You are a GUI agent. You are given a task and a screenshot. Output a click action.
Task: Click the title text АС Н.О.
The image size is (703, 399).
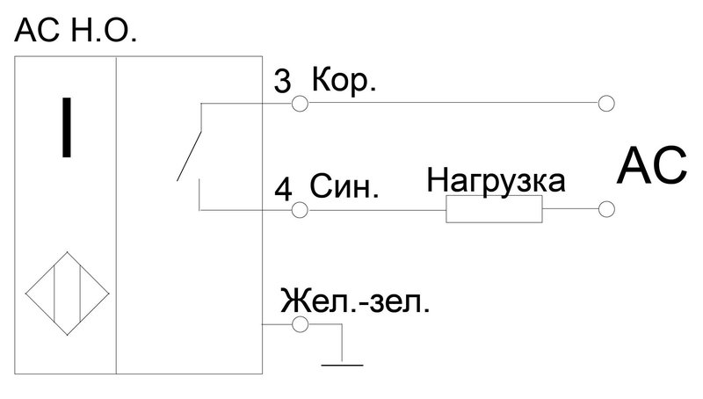pyautogui.click(x=76, y=31)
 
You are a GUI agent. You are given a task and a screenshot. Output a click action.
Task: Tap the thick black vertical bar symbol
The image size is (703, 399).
pyautogui.click(x=67, y=127)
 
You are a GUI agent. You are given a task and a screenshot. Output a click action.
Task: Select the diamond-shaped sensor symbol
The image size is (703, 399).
pyautogui.click(x=68, y=294)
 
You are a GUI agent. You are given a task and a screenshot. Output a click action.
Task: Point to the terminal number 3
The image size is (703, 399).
pyautogui.click(x=282, y=81)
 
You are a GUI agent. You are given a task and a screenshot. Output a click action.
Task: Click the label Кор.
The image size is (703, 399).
pyautogui.click(x=344, y=80)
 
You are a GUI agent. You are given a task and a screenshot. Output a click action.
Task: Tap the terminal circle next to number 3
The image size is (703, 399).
pyautogui.click(x=300, y=104)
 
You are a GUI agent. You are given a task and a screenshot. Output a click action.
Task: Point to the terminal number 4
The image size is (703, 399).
pyautogui.click(x=283, y=189)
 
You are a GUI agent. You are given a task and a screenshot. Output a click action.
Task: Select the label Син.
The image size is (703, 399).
pyautogui.click(x=344, y=186)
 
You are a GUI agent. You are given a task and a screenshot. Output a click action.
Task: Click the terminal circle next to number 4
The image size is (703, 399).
pyautogui.click(x=300, y=209)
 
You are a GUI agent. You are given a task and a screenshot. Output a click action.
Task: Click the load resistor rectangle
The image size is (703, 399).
pyautogui.click(x=494, y=209)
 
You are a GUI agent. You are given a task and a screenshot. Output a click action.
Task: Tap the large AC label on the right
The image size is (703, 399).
pyautogui.click(x=651, y=166)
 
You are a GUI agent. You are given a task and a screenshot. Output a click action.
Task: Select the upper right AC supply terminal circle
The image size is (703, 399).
pyautogui.click(x=606, y=103)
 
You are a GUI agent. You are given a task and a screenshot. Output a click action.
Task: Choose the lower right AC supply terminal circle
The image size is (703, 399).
pyautogui.click(x=606, y=209)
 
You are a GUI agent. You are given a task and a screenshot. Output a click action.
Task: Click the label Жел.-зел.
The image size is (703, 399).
pyautogui.click(x=355, y=301)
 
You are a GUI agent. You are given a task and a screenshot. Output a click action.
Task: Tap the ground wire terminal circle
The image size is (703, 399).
pyautogui.click(x=300, y=324)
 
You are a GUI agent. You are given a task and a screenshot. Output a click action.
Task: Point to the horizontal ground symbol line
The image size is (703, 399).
pyautogui.click(x=342, y=365)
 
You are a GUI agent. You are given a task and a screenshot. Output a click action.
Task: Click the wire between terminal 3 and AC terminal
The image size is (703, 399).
pyautogui.click(x=453, y=103)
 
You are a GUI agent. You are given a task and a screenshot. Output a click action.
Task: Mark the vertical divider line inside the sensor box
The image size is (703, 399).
pyautogui.click(x=116, y=215)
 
